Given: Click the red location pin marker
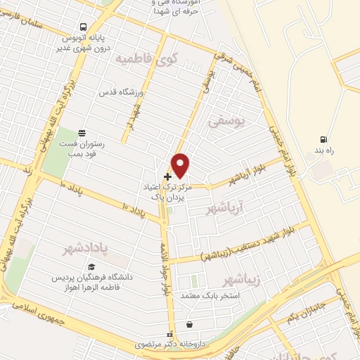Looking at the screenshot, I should pos(181,164).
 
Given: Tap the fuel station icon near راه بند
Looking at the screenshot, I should pos(323,139).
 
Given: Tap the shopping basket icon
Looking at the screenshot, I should pos(190,325).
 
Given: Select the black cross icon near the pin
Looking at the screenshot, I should pos(167,176).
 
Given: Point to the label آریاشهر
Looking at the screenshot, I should pos(224,208).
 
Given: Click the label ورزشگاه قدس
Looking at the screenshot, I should pos(127,92).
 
